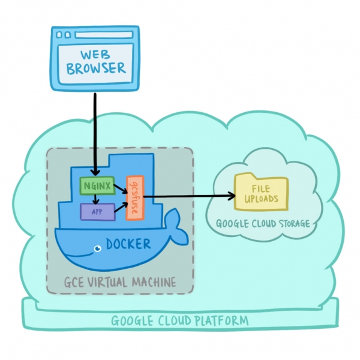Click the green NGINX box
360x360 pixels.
pyautogui.click(x=97, y=186)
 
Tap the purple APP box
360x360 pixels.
pyautogui.click(x=97, y=211)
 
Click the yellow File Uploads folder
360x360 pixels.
pyautogui.click(x=256, y=193)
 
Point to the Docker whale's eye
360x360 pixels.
pyautogui.click(x=95, y=247)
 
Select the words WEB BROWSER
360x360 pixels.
pyautogui.click(x=96, y=62)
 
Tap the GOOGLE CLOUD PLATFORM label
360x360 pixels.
pyautogui.click(x=179, y=321)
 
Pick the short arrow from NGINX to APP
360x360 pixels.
pyautogui.click(x=95, y=199)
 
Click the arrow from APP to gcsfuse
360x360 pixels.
pyautogui.click(x=121, y=208)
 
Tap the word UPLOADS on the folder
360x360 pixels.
pyautogui.click(x=256, y=199)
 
